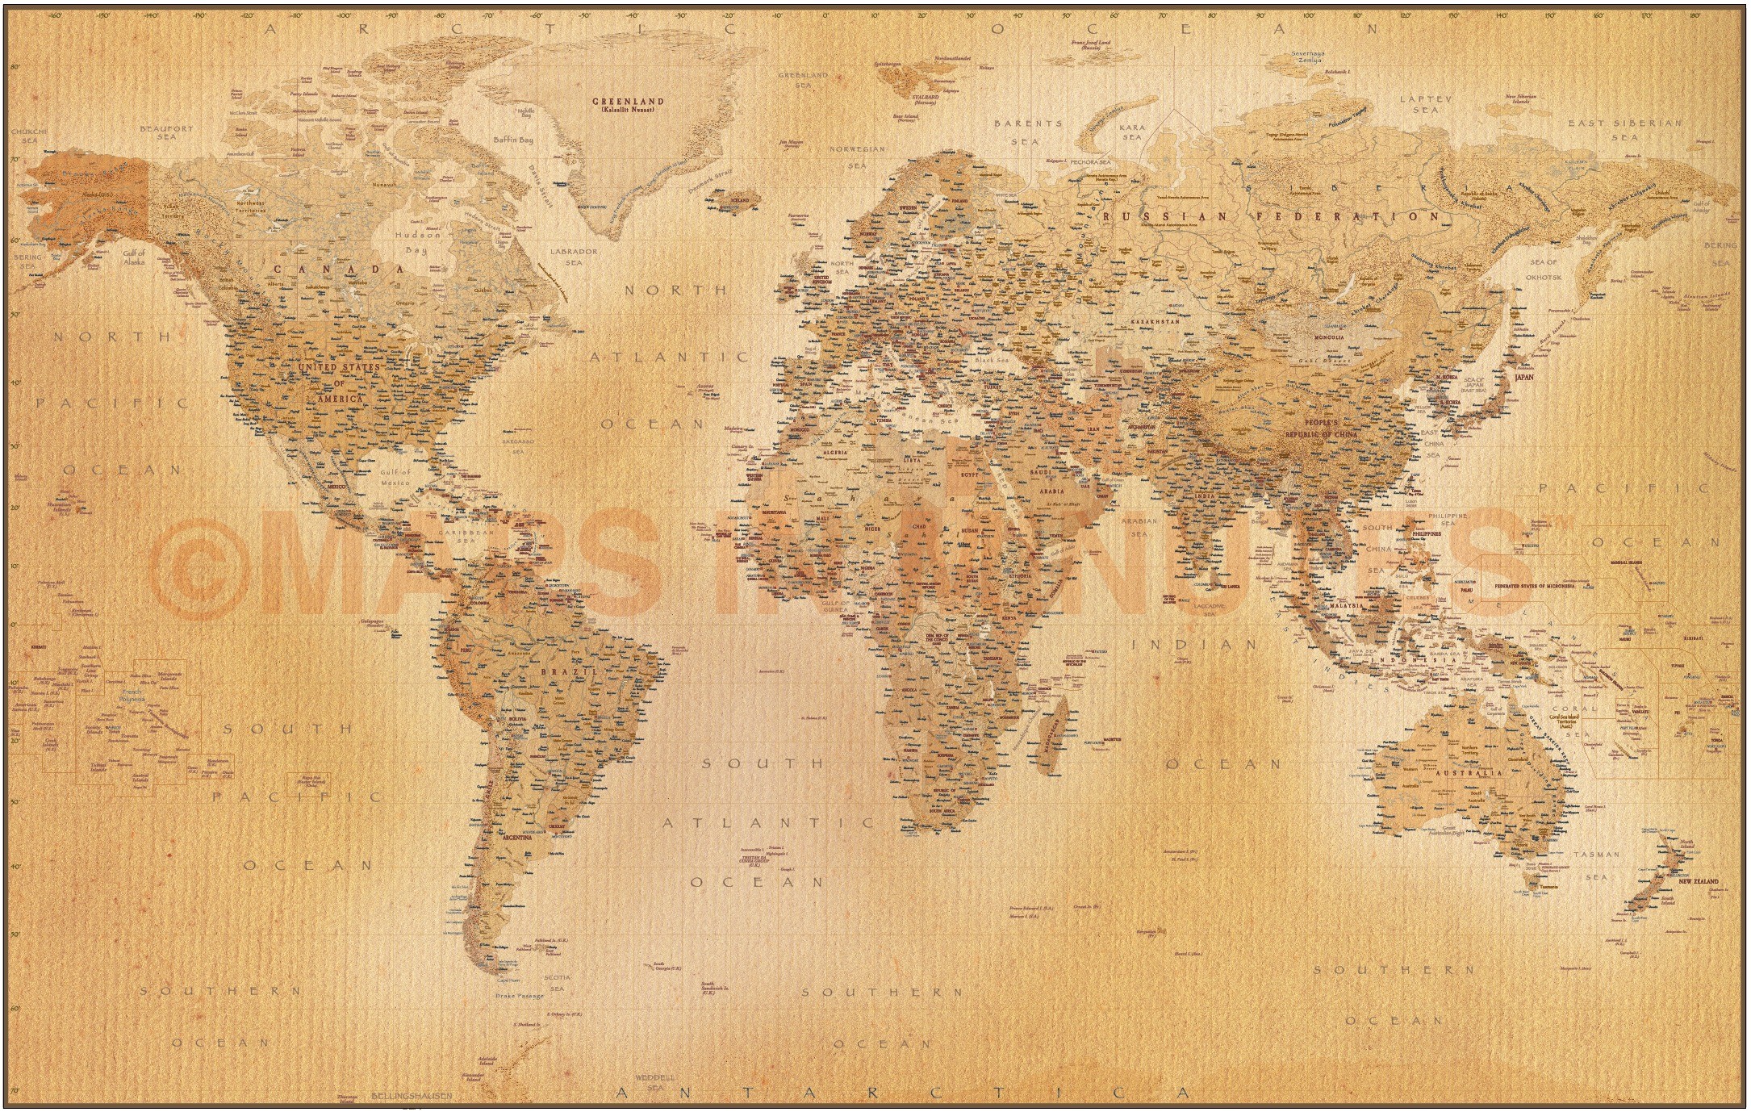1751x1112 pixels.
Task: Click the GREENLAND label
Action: [x=628, y=102]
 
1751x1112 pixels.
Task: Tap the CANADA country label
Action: [x=338, y=269]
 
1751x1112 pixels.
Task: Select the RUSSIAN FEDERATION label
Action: [x=1270, y=216]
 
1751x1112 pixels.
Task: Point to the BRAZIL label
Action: [x=579, y=671]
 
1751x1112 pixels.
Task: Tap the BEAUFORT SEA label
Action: [x=167, y=132]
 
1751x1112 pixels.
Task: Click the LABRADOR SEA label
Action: [x=574, y=257]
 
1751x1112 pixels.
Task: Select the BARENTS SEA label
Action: [x=1028, y=132]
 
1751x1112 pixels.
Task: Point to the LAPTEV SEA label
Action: [x=1425, y=104]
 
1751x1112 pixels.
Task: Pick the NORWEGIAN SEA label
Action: [x=858, y=157]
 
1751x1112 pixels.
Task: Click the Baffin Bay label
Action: [x=514, y=140]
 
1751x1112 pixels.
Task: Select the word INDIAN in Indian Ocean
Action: [x=1194, y=644]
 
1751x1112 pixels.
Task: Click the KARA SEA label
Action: [x=1132, y=132]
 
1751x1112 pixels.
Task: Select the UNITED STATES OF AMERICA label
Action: [x=339, y=382]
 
